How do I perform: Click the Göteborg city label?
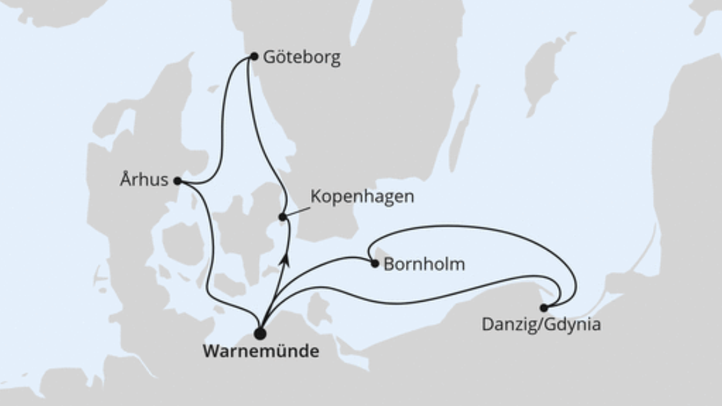(301, 58)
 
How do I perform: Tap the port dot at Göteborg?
(254, 56)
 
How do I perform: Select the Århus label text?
(144, 180)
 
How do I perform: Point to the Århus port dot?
(177, 181)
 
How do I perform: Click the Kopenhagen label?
(362, 197)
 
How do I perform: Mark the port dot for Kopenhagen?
(282, 217)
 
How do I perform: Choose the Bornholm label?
(424, 264)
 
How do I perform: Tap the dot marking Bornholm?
(375, 263)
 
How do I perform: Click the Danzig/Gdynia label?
(541, 324)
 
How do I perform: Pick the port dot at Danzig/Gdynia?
(544, 308)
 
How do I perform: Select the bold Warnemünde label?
(261, 352)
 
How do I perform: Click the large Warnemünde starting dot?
(260, 333)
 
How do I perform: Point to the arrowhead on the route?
(284, 258)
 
